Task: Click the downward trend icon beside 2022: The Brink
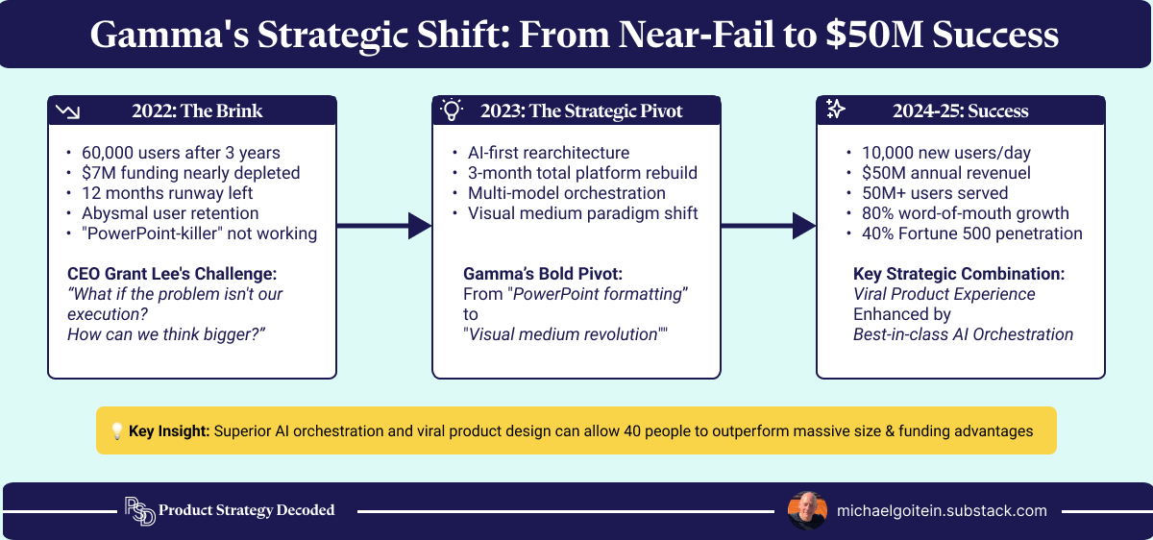coord(67,111)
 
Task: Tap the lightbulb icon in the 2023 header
coord(451,110)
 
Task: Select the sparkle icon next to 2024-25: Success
coord(836,110)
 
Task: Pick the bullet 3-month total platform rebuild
coord(582,173)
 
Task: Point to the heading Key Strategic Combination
coord(959,273)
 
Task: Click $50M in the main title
coord(865,36)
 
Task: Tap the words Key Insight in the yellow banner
coord(168,431)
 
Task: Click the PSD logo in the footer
coord(139,511)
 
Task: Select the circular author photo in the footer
coord(806,510)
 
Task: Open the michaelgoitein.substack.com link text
coord(942,511)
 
